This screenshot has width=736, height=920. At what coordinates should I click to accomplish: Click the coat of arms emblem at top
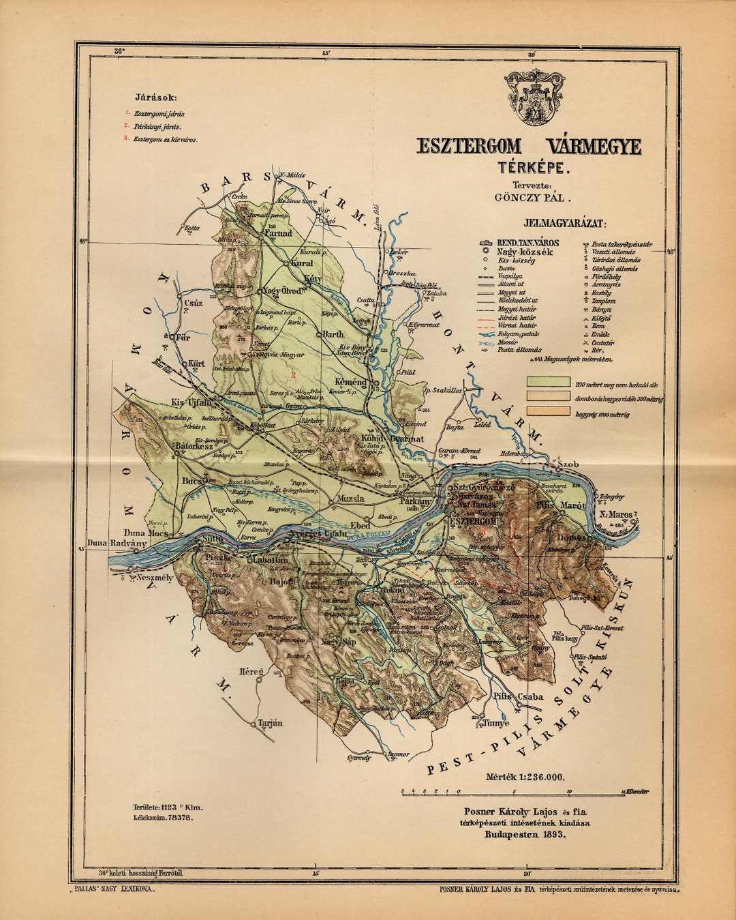click(536, 97)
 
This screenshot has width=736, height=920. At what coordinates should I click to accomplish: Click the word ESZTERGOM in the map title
click(470, 147)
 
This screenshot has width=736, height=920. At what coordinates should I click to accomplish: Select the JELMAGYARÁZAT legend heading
click(565, 223)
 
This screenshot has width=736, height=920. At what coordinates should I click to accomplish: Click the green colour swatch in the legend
click(548, 382)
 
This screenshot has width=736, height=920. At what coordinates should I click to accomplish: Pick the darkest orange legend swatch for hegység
click(548, 411)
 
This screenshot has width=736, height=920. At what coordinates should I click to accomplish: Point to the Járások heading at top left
click(155, 98)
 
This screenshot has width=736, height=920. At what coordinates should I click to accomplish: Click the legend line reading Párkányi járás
click(157, 127)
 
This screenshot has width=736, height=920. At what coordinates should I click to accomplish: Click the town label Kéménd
click(350, 383)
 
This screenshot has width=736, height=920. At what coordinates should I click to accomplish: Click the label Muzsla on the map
click(350, 499)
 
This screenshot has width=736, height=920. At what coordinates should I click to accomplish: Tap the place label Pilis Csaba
click(520, 696)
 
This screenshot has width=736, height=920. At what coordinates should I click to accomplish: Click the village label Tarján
click(271, 723)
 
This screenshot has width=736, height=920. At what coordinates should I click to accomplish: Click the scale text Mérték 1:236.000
click(525, 777)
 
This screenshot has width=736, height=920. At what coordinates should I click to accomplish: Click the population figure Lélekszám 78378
click(163, 816)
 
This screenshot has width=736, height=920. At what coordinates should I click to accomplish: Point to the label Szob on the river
click(568, 464)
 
